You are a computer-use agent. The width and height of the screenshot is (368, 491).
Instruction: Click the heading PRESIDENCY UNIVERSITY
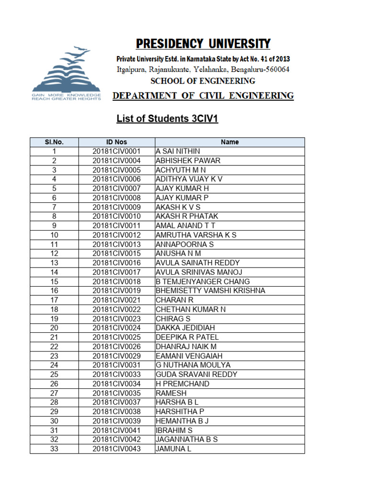coord(203,44)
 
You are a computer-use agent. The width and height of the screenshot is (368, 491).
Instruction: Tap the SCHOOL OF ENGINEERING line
coord(203,81)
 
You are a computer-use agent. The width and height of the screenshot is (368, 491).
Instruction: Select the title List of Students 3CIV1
coord(167,118)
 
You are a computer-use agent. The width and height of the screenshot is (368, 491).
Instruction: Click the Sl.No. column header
coord(54,142)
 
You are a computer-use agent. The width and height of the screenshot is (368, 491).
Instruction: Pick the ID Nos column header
coord(116,142)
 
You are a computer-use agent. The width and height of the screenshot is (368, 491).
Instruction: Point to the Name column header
coord(230,142)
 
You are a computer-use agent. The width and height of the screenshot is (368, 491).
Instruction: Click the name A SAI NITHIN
coord(178,151)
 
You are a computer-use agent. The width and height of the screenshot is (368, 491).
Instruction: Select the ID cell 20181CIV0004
coord(116,161)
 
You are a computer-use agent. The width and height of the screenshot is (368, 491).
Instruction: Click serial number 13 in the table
coord(54,263)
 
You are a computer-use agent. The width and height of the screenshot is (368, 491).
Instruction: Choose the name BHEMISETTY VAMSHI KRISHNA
coord(210,291)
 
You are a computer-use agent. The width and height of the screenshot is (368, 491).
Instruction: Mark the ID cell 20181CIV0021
coord(116,300)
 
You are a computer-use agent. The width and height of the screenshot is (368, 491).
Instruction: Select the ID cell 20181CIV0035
coord(116,393)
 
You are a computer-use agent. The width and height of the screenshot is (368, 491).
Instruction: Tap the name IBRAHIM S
coord(174,430)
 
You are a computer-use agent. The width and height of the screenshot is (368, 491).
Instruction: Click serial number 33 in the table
coord(54,449)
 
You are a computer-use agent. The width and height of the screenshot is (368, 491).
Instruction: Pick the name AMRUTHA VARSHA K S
coord(196,235)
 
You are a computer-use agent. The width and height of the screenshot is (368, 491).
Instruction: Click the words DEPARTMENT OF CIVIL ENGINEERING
coord(203,96)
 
